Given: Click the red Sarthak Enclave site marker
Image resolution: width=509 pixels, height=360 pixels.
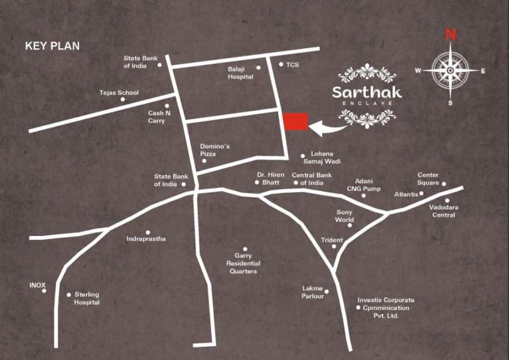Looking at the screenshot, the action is coord(295,123).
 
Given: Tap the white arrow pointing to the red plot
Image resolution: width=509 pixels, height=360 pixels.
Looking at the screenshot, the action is coord(328,129).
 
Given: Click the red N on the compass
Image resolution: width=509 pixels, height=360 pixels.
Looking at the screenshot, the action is coord(450,34).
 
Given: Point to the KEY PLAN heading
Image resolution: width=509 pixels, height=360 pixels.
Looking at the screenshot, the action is coord(52,46).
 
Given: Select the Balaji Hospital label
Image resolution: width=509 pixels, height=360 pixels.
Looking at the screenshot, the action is coord(241,73).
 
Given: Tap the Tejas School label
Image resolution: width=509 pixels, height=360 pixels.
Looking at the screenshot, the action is coord(119,93).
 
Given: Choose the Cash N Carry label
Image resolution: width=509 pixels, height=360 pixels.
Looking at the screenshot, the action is coord(156,117).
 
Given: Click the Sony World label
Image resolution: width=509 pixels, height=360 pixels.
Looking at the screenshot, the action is coord(344,216).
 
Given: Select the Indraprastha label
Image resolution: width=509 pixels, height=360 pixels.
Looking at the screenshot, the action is coord(146,239).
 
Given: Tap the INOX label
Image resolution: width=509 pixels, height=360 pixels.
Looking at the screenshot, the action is coord(38,285).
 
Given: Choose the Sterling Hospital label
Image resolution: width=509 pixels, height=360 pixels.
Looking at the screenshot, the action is coord(87,299).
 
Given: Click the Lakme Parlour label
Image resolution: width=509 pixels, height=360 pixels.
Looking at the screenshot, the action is coord(313,292).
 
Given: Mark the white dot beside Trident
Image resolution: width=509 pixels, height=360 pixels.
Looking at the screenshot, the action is coord(334,247).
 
